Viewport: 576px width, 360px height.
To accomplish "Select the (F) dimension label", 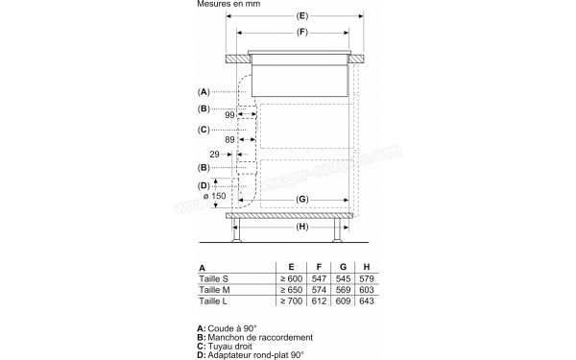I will (x=300, y=35).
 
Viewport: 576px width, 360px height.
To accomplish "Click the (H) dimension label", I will (x=301, y=228).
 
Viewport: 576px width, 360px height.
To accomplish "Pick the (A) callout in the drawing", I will (x=204, y=92).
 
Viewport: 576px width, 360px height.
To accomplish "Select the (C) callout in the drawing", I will (x=204, y=130).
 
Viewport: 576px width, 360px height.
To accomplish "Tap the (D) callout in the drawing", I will (x=204, y=184).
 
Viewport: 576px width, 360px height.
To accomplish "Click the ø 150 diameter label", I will (x=215, y=196).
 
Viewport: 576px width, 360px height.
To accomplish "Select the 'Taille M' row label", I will (x=216, y=289).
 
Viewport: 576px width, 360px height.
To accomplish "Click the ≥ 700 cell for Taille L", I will (x=289, y=301).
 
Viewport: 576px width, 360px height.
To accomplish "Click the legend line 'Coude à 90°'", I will (x=229, y=328).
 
